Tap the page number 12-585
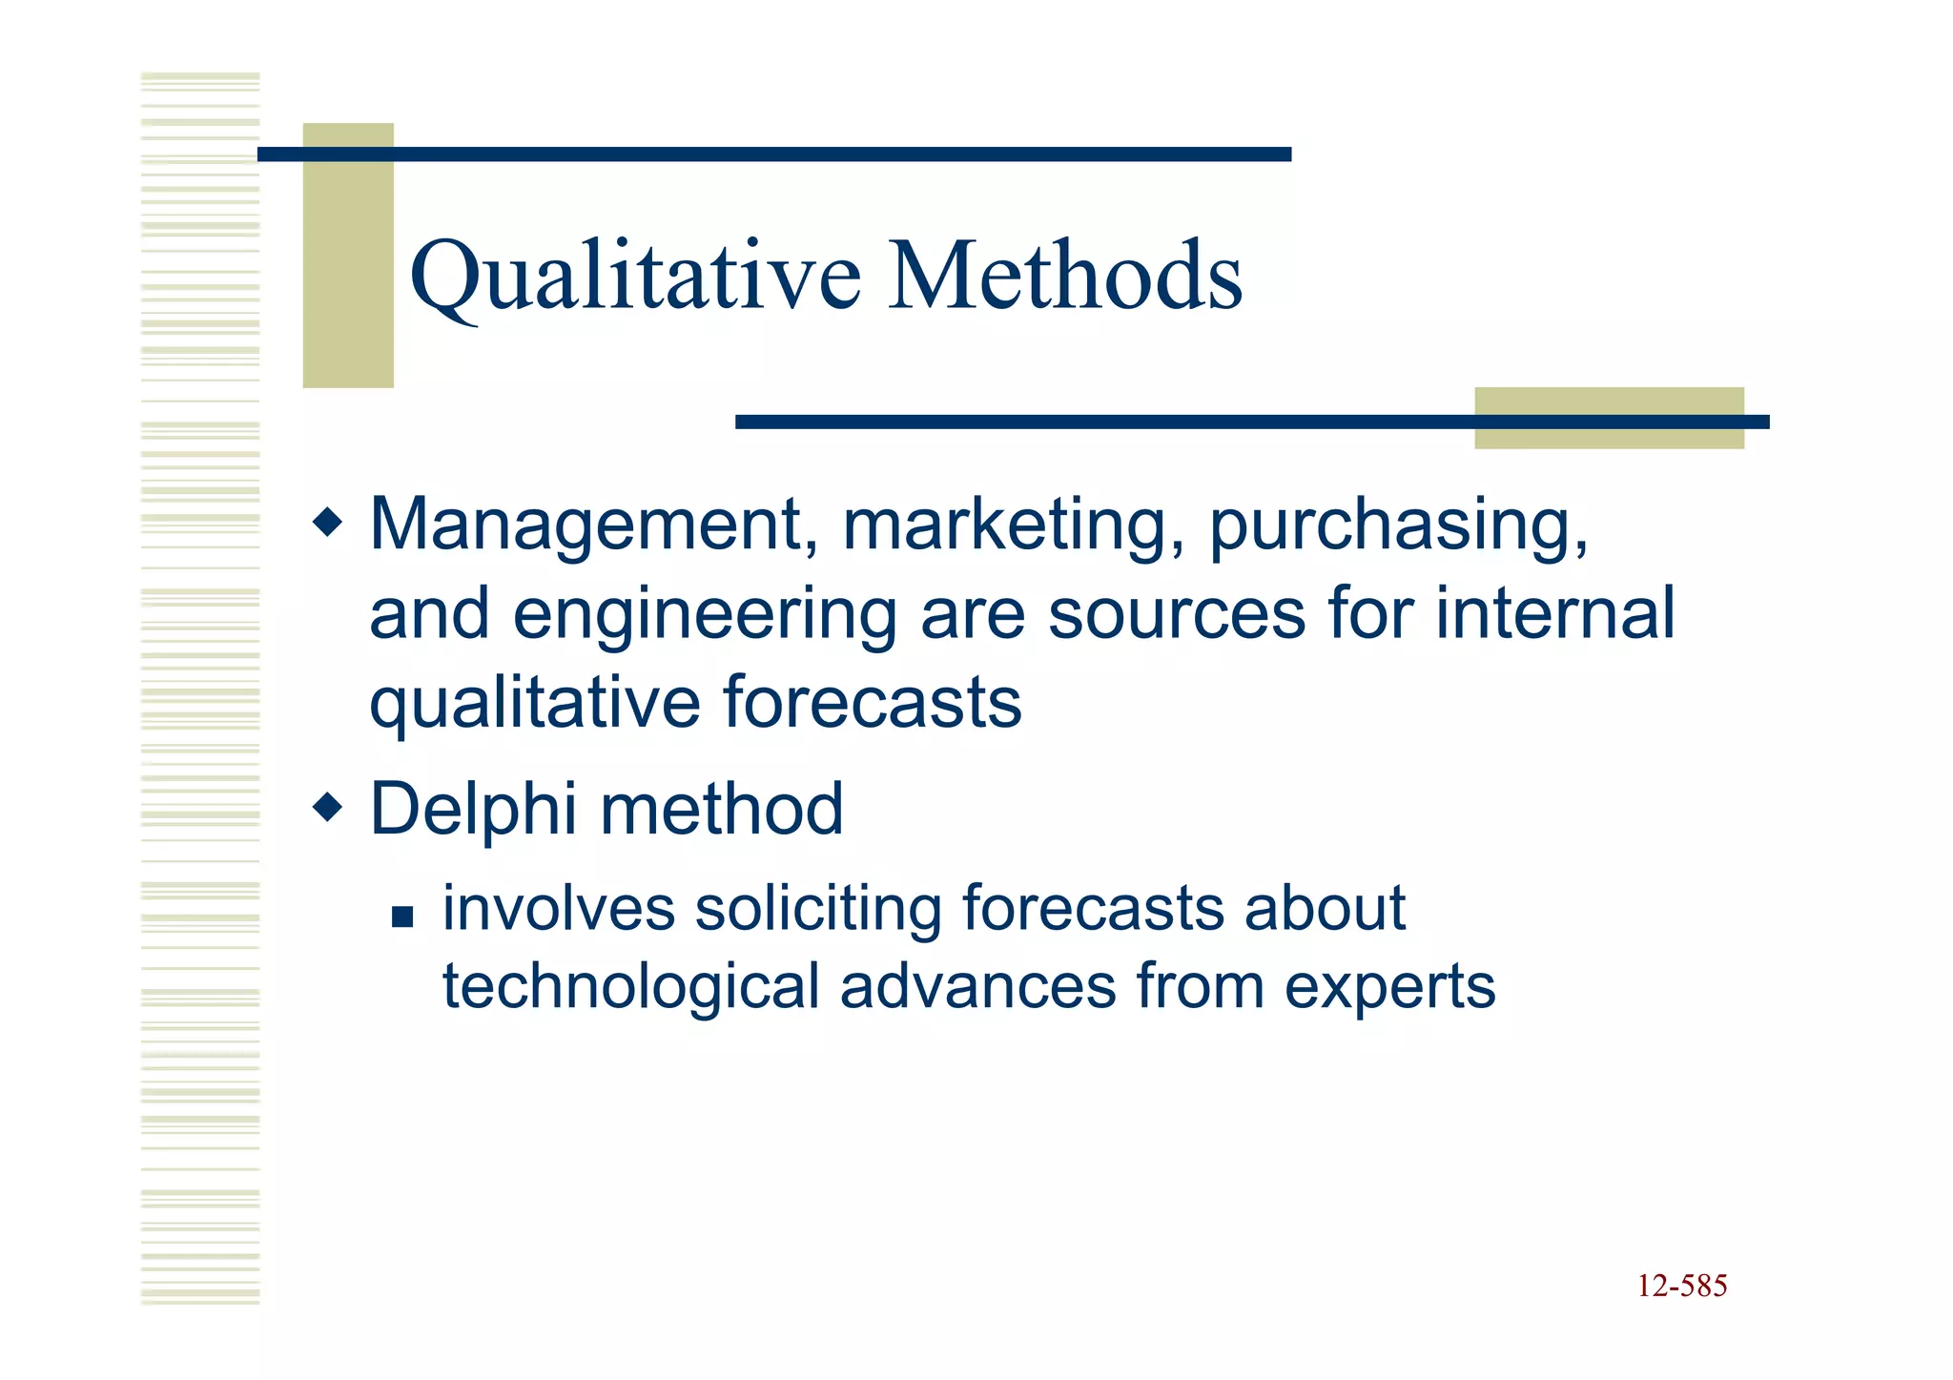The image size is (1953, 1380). click(x=1681, y=1286)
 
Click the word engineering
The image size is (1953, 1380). click(x=704, y=615)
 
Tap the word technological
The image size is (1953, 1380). click(x=630, y=986)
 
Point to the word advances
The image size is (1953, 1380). click(x=977, y=986)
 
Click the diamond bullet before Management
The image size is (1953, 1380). click(x=327, y=523)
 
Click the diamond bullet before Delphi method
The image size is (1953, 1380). click(x=327, y=809)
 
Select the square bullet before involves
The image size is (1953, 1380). click(x=402, y=917)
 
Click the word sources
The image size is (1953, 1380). click(x=1176, y=615)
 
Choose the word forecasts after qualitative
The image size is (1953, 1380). click(x=872, y=703)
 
